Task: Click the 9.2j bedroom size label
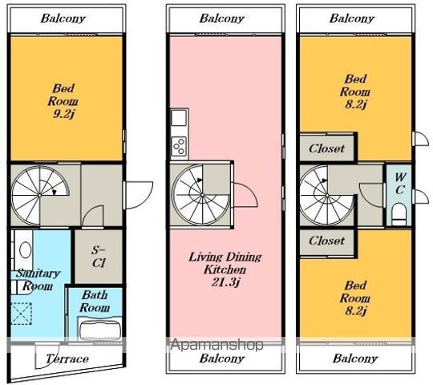pos(64,114)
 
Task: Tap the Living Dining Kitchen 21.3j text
pos(225,269)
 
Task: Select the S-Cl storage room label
pos(99,257)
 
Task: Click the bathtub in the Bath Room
pos(100,329)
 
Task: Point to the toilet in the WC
pos(399,212)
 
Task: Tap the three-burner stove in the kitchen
pos(179,146)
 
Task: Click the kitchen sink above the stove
pos(179,117)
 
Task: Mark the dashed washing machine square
pos(21,314)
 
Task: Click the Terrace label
pos(67,359)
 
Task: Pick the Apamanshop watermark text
pos(216,344)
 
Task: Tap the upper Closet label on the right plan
pos(326,148)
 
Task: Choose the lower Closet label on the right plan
pos(326,241)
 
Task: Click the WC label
pos(400,184)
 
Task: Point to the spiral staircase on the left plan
pos(40,195)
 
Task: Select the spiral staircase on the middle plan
pos(200,195)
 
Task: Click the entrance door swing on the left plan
pos(139,195)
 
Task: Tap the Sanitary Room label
pos(38,279)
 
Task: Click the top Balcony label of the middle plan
pos(222,18)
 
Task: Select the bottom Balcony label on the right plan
pos(355,359)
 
